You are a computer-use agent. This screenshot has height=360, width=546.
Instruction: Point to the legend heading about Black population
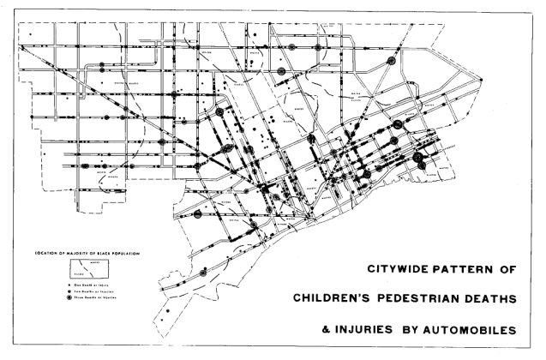[86, 252]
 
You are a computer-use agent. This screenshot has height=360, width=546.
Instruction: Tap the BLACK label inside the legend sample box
[79, 275]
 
